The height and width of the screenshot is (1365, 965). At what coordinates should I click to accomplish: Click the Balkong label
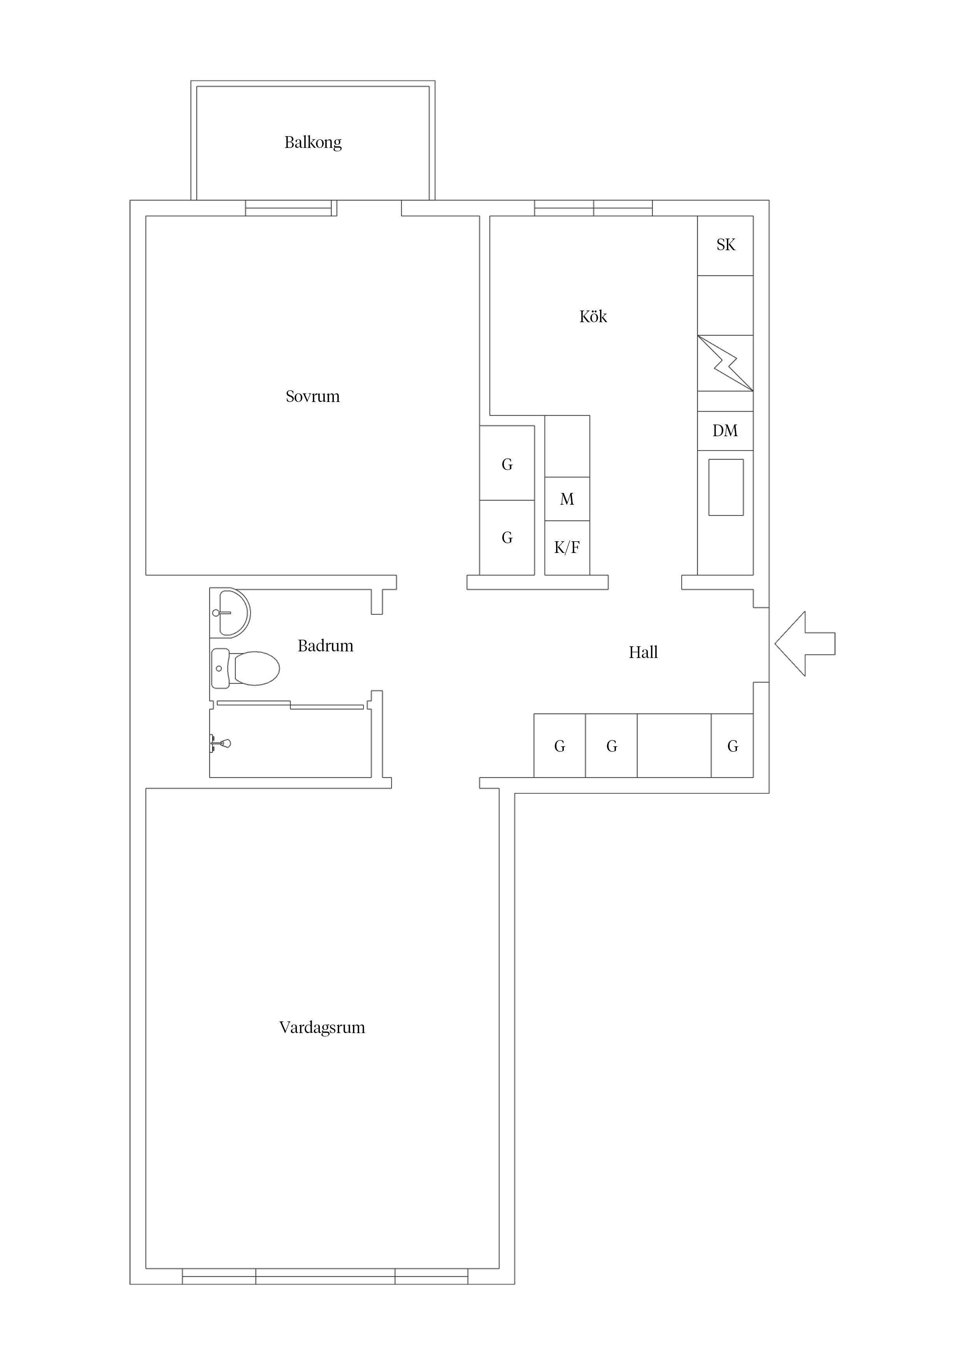[313, 143]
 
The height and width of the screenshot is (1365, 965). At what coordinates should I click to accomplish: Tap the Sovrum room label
[313, 397]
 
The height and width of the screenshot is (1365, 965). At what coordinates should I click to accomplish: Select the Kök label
[593, 317]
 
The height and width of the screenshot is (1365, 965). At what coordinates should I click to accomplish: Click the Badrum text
[325, 646]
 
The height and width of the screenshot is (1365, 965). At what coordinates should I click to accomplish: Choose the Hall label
[643, 653]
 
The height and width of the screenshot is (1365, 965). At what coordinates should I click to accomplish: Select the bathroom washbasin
[232, 612]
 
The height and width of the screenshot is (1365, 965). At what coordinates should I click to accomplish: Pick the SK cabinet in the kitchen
[725, 245]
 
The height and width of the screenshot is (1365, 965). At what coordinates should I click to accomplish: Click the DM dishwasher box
[725, 431]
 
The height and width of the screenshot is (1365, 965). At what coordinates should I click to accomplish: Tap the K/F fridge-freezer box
[567, 547]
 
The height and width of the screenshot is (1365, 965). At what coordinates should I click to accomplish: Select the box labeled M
[567, 499]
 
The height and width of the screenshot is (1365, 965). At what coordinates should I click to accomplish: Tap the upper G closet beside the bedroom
[507, 464]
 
